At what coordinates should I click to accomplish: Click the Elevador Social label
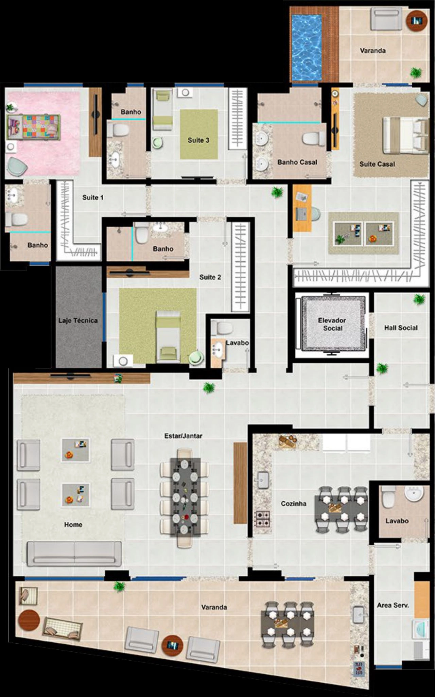tap(332, 324)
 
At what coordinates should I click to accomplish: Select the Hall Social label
tap(401, 328)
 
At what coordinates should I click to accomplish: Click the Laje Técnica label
tap(78, 320)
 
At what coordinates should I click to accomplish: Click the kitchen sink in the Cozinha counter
tap(263, 480)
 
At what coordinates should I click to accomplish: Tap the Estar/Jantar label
tap(183, 436)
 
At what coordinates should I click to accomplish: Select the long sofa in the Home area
tap(74, 554)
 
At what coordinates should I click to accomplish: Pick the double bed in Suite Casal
tap(405, 135)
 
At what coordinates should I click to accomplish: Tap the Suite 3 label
tap(198, 140)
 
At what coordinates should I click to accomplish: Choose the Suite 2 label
tap(210, 277)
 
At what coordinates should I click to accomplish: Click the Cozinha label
tap(293, 503)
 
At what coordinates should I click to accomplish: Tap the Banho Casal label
tap(297, 162)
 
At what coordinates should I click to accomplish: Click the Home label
tap(73, 524)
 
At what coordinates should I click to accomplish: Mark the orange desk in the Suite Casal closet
tap(302, 208)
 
